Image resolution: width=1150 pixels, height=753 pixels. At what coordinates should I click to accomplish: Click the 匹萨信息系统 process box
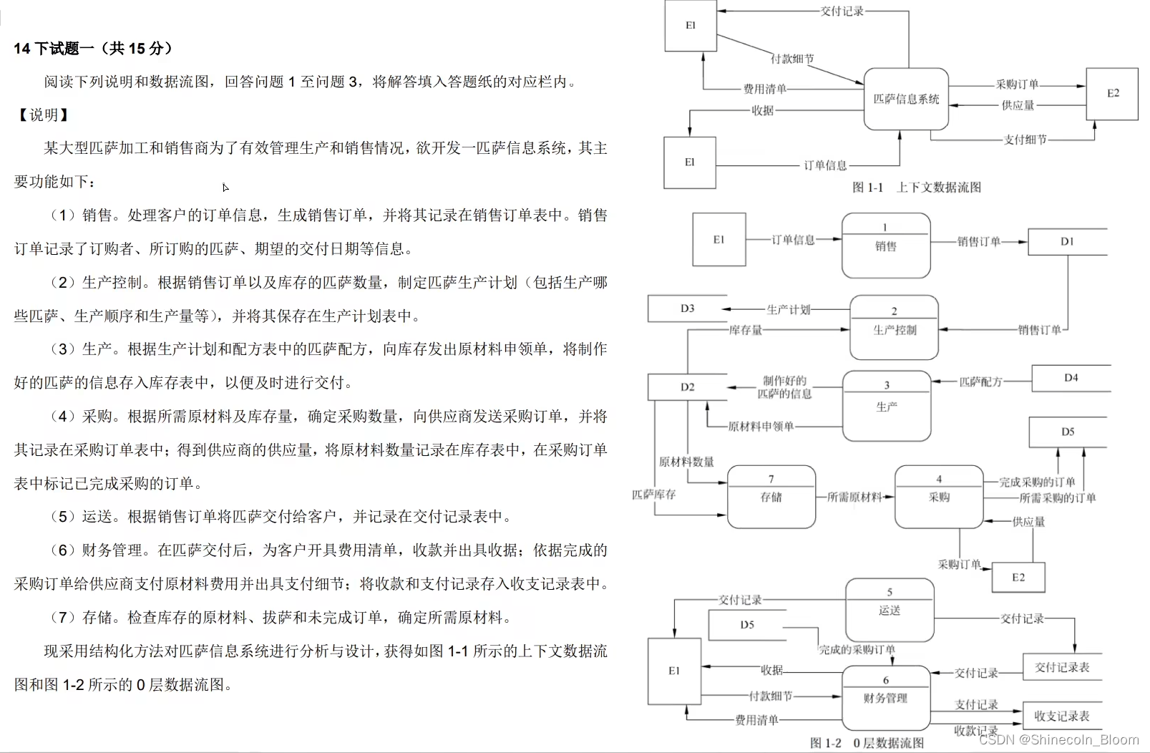[906, 99]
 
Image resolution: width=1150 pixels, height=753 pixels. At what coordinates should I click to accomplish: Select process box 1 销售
[886, 246]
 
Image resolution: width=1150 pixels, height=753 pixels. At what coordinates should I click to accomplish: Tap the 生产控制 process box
[894, 328]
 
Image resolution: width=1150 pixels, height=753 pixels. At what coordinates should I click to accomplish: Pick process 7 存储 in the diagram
[771, 496]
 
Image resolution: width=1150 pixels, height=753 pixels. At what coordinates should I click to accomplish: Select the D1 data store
[1067, 242]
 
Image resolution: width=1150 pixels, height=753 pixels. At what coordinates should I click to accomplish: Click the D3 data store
[687, 309]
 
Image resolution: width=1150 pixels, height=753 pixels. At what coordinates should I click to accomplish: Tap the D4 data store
[1071, 378]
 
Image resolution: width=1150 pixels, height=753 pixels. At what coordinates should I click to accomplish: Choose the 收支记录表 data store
[1061, 716]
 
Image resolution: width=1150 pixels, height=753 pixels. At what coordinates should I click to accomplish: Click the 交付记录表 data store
[1062, 667]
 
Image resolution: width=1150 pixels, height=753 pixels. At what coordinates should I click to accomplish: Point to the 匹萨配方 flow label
[980, 382]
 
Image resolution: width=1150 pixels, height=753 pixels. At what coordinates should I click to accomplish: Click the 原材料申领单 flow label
[761, 427]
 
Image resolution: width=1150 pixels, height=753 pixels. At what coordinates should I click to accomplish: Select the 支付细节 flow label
[1025, 140]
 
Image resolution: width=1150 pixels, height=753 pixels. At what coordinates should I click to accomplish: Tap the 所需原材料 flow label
[854, 497]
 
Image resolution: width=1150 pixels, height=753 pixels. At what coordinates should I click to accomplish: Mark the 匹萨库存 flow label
[653, 494]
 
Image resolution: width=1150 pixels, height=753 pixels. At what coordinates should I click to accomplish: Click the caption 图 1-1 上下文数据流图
[917, 188]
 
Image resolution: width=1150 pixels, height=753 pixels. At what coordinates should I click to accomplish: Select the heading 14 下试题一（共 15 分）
[93, 49]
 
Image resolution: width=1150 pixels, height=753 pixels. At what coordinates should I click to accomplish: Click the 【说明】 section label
[44, 115]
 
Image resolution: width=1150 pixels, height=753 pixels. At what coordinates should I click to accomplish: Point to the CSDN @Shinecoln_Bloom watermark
[1059, 739]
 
